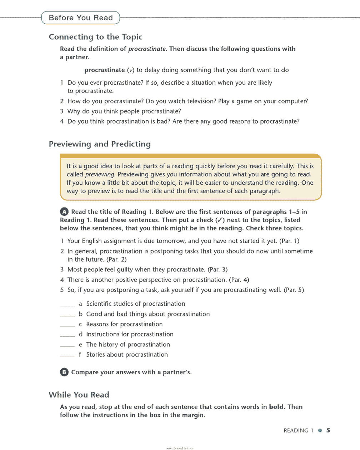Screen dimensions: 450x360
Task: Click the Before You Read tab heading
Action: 81,18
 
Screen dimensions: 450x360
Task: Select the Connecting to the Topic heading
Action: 95,37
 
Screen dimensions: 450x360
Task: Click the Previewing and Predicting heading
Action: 100,144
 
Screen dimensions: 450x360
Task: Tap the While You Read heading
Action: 79,395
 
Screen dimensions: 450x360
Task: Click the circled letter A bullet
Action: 64,212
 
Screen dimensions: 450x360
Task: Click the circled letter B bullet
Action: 64,372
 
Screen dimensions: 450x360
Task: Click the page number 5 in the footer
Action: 328,430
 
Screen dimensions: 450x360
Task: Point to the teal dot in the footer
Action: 320,430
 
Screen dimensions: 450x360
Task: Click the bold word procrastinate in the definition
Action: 105,70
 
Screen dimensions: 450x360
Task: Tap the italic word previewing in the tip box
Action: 100,174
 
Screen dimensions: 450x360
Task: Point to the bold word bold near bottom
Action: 276,407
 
